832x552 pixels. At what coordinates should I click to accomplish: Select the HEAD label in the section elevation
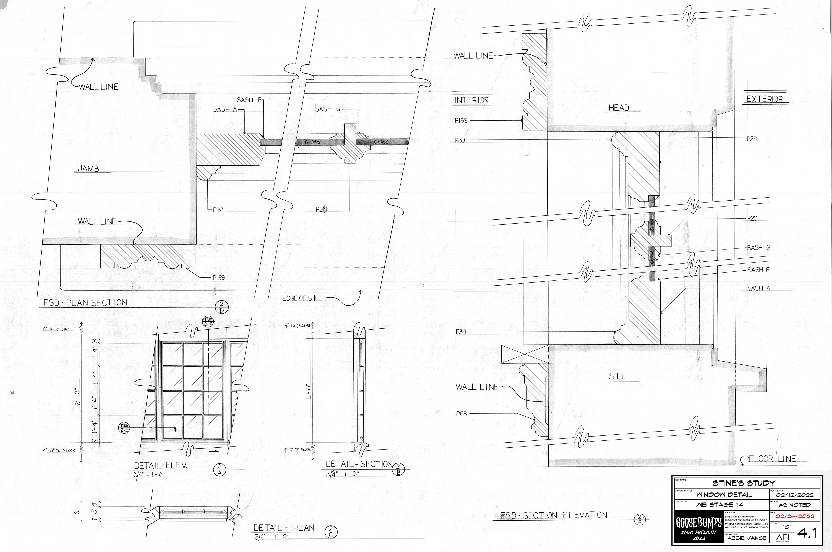coord(619,108)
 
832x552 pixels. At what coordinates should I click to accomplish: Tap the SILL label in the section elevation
coord(617,376)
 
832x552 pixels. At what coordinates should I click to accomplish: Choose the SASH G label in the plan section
coord(327,109)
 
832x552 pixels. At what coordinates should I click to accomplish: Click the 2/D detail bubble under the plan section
coord(221,307)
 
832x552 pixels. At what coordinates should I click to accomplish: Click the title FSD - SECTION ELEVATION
coord(554,515)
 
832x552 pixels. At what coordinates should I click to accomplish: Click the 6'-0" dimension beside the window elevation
coord(78,396)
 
